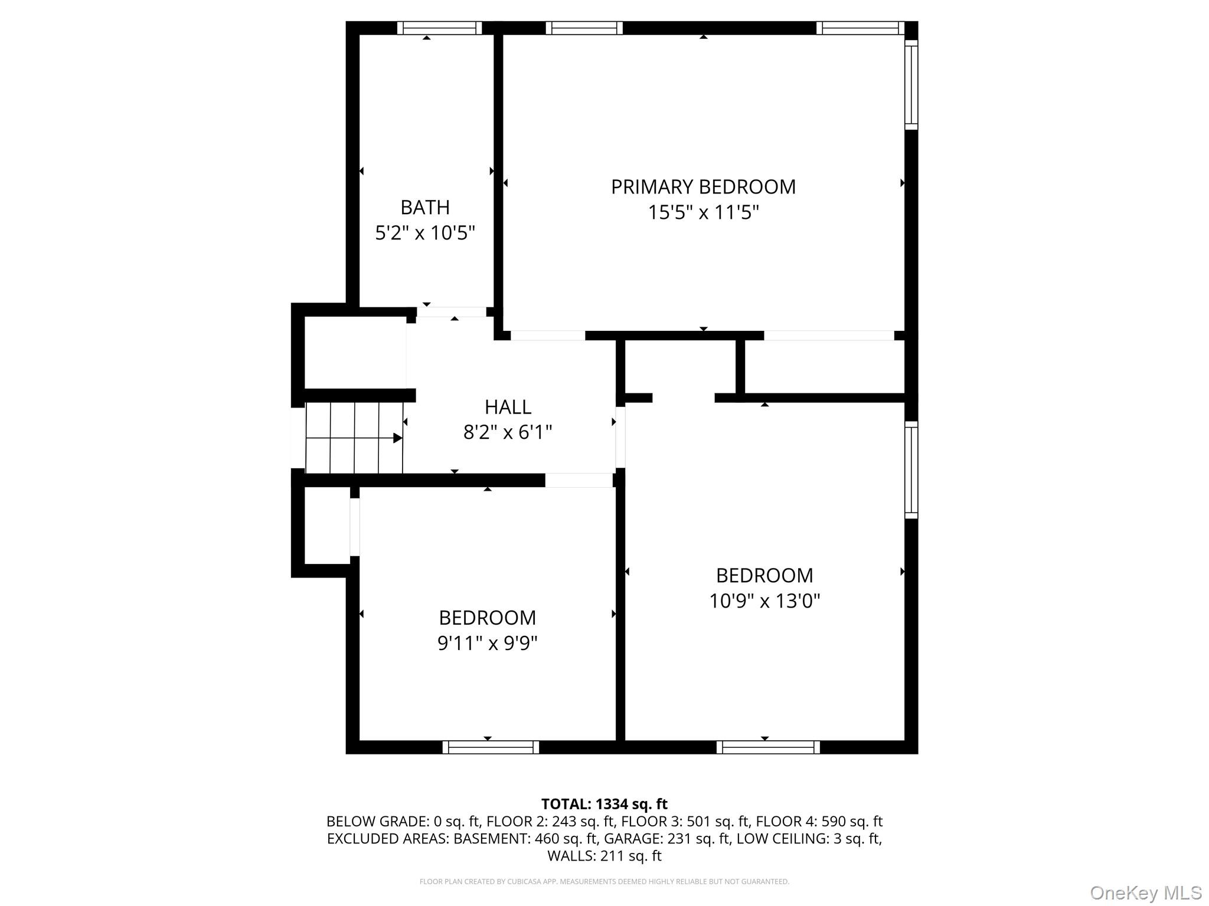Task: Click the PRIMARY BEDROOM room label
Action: [x=703, y=187]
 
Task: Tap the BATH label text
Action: [x=425, y=208]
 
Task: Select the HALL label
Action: [x=508, y=407]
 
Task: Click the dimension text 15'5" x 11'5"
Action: [x=703, y=212]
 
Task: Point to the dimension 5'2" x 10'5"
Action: [x=425, y=233]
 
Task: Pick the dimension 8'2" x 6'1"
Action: [x=508, y=432]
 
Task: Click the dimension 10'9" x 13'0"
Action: [x=764, y=601]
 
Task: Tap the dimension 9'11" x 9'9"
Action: [x=487, y=643]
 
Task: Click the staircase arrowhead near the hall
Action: [x=398, y=438]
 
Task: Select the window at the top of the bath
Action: [x=439, y=28]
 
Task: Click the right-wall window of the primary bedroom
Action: [x=911, y=85]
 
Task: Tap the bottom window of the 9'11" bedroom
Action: [x=491, y=747]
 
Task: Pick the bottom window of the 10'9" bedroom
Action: [x=768, y=747]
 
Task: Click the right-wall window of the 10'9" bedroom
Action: [x=911, y=470]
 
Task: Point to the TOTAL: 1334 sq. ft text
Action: [x=604, y=804]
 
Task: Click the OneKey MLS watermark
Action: [x=1145, y=892]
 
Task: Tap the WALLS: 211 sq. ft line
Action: [x=604, y=855]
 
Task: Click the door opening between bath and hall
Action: [x=452, y=312]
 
